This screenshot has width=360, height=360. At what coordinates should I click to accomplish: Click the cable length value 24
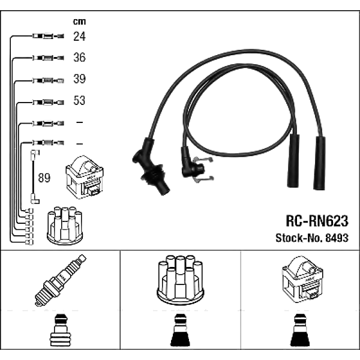point(79,36)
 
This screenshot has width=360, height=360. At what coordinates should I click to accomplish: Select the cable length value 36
point(79,58)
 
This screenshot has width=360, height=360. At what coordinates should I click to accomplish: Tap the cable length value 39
point(79,79)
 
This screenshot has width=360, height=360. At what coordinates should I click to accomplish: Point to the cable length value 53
point(79,100)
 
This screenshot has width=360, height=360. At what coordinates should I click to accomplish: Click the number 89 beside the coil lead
point(44,178)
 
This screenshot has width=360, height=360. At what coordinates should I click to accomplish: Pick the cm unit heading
point(79,22)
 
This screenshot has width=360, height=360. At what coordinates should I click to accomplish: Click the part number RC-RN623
point(317,221)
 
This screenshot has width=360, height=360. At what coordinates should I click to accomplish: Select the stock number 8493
point(337,238)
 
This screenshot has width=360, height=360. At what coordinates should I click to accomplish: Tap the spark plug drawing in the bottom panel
point(61,280)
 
